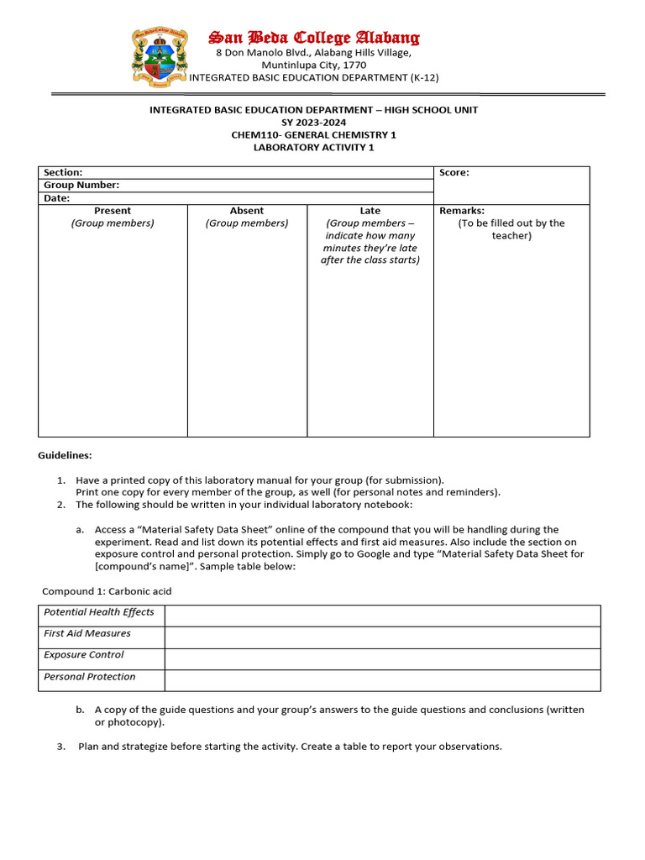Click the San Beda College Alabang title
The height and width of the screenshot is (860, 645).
(x=314, y=38)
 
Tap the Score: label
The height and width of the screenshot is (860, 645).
(x=454, y=173)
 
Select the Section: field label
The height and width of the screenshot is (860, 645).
(x=63, y=173)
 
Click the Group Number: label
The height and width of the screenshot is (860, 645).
(x=81, y=186)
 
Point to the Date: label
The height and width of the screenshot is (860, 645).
(x=57, y=199)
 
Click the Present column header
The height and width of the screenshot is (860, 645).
(x=113, y=211)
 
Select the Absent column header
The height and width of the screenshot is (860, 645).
(x=247, y=211)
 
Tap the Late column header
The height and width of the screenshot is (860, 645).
(x=370, y=211)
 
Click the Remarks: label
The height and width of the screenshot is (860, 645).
(x=462, y=211)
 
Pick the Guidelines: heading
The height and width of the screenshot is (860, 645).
(x=65, y=455)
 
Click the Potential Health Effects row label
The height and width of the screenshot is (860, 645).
(x=99, y=612)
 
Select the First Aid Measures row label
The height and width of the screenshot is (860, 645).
(x=87, y=634)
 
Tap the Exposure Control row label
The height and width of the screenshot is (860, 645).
(x=84, y=655)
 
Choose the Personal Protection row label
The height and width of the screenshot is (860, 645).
(x=90, y=677)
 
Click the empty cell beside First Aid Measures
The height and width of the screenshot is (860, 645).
(x=382, y=637)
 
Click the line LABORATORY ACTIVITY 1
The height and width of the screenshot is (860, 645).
(x=313, y=148)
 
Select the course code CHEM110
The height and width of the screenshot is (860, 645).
(x=256, y=135)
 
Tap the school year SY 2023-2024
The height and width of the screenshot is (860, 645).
(x=313, y=123)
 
